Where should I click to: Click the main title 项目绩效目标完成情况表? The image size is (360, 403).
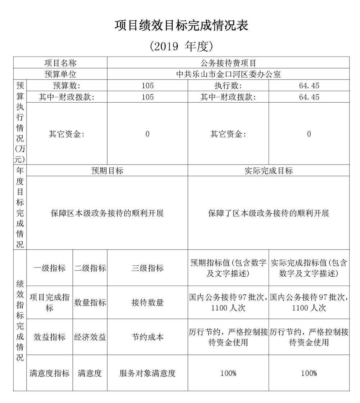[181, 26]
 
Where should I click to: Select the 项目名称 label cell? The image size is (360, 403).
[60, 63]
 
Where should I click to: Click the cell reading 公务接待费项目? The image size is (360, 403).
[228, 63]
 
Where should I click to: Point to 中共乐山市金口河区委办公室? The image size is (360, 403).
[228, 75]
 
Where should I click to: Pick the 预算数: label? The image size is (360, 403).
[67, 86]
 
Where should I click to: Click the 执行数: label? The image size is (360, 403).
[228, 86]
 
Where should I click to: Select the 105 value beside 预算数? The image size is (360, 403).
[148, 86]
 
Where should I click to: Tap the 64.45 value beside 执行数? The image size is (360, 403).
[309, 86]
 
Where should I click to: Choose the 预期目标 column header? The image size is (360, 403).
[107, 171]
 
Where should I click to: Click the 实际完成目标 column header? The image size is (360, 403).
[269, 171]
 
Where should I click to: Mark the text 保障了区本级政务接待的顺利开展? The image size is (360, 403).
[269, 213]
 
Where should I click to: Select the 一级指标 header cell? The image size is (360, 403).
[50, 268]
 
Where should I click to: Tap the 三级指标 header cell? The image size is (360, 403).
[148, 268]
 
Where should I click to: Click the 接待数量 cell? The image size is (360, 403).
[148, 303]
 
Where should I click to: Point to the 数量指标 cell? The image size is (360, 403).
[90, 303]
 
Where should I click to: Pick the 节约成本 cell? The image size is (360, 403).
[148, 337]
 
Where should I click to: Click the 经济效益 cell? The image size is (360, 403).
[90, 337]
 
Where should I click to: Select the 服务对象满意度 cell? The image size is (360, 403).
[148, 373]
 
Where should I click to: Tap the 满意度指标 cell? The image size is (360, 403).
[50, 373]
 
